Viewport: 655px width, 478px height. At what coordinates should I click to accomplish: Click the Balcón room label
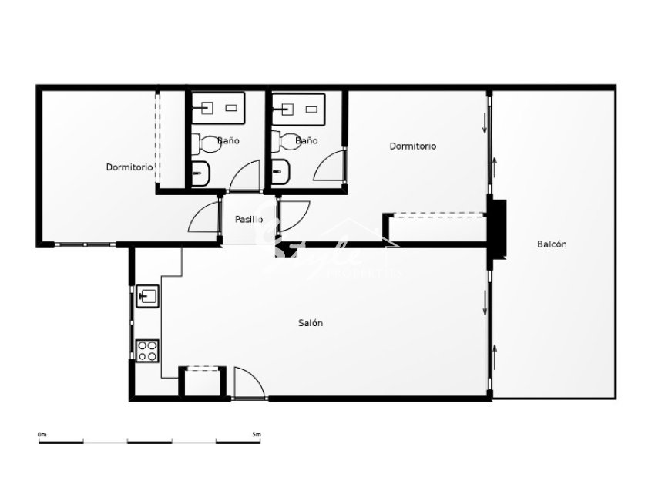coord(552,244)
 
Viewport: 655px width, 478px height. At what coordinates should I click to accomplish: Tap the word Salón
coord(311,323)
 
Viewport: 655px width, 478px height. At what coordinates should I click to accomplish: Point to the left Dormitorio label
coord(129,167)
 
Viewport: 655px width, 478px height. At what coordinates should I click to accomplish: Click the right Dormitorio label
coord(412,146)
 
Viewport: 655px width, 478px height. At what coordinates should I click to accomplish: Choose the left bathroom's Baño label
coord(228,141)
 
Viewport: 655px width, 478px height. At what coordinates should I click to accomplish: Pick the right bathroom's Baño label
coord(306,141)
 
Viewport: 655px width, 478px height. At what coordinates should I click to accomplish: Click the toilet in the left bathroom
coord(203,143)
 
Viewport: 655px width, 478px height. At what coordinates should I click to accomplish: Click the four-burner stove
coord(147,350)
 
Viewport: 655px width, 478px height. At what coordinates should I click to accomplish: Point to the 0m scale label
coord(42,435)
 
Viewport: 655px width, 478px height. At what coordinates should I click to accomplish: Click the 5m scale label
coord(257,435)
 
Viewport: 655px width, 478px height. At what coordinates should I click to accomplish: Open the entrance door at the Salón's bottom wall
coord(248,383)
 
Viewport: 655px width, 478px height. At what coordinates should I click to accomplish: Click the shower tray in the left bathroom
coord(219,108)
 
